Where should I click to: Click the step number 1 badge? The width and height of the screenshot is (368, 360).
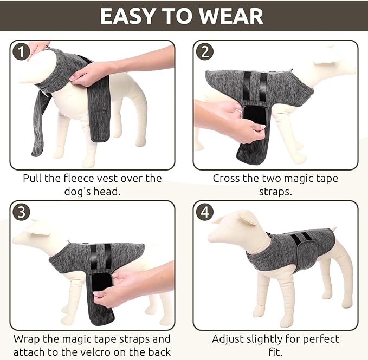[21, 52]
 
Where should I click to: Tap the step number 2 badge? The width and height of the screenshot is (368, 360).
[205, 52]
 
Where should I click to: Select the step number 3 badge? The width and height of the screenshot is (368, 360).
[21, 212]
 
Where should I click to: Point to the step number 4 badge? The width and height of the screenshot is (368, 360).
[205, 212]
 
